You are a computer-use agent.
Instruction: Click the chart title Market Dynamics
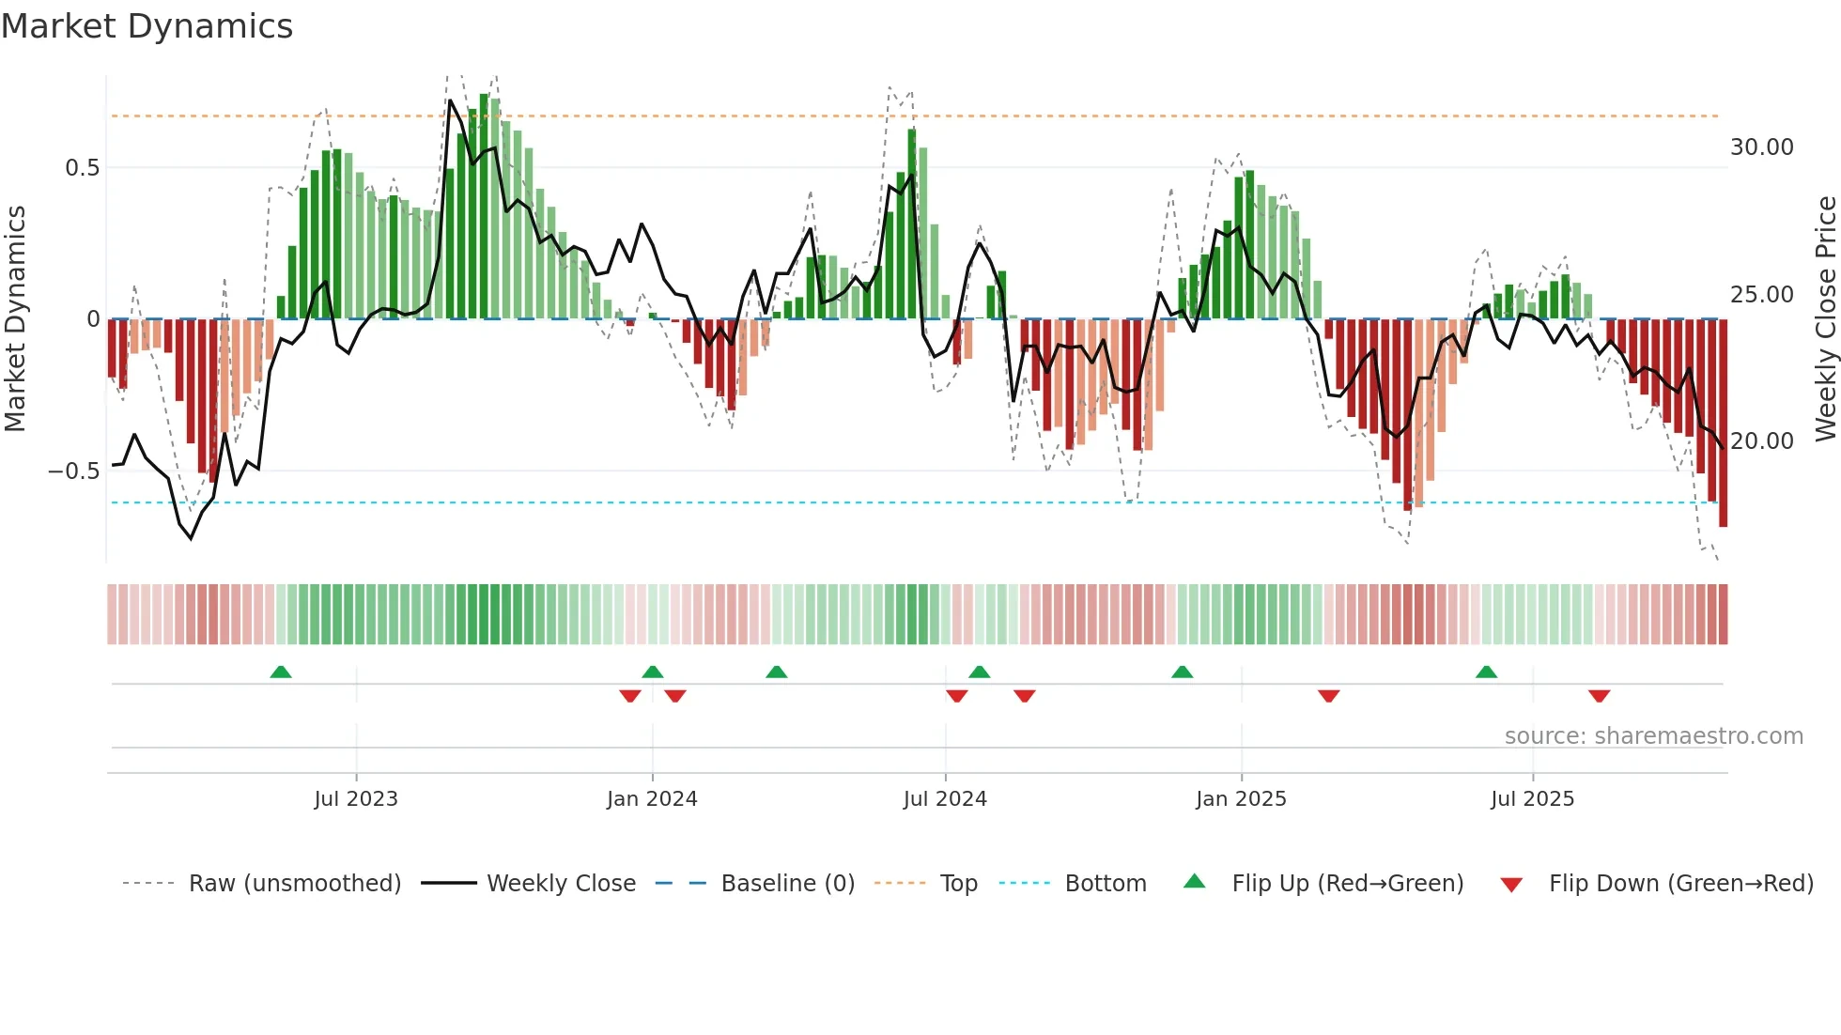point(147,26)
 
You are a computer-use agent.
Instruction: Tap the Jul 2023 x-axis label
point(356,799)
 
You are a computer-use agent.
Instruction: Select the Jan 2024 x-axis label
point(652,799)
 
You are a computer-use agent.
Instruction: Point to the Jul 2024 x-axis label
point(945,799)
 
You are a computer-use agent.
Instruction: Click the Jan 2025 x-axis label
point(1241,799)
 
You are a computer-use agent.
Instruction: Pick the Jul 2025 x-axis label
point(1532,799)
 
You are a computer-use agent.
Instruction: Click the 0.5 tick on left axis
point(82,168)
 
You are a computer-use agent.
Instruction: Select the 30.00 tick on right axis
point(1761,147)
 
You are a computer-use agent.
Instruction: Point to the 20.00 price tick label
point(1761,441)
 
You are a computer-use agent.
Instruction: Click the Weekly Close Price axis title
point(1825,319)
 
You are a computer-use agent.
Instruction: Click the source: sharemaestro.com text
point(1653,736)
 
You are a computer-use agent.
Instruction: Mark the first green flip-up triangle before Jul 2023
point(281,672)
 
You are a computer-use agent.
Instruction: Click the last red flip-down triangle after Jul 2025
point(1599,696)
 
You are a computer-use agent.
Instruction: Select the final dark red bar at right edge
point(1723,423)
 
